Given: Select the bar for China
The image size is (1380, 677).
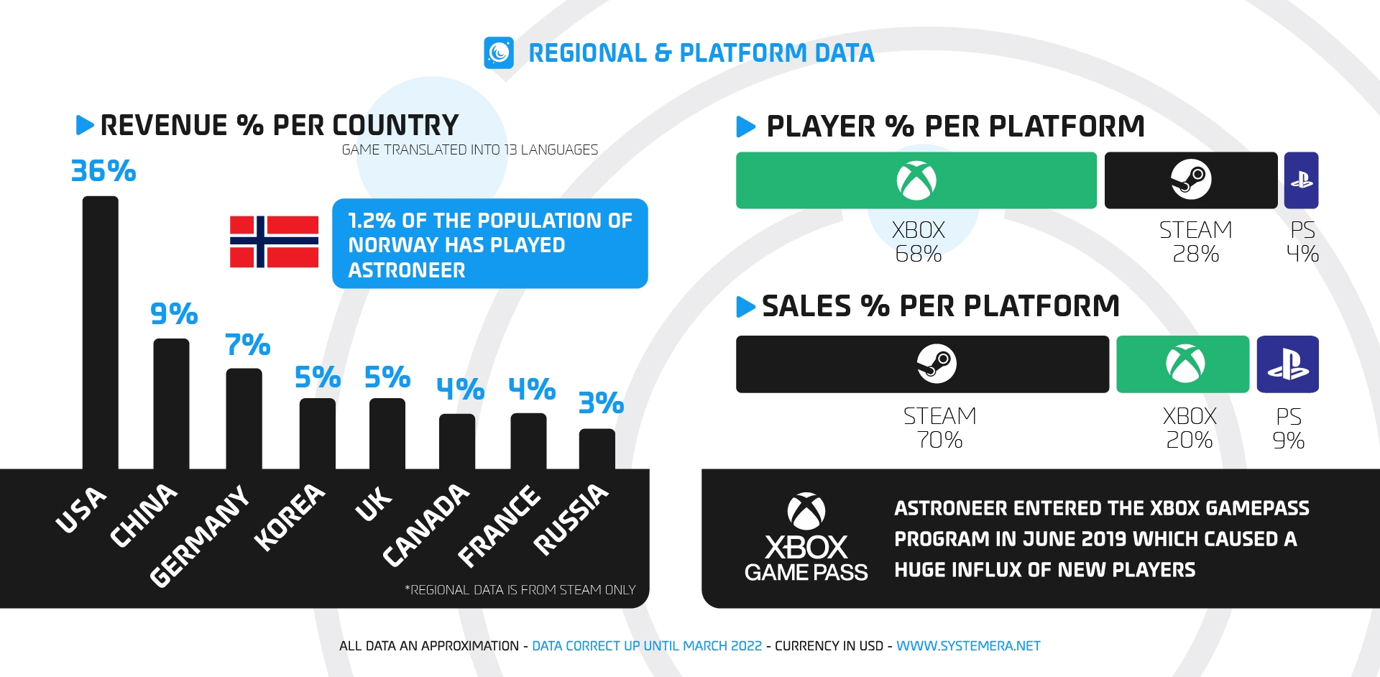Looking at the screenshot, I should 171,403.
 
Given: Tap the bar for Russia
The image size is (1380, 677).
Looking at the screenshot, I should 597,448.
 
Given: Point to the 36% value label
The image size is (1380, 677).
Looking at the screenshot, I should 103,171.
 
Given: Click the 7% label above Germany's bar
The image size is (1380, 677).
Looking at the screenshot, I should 247,345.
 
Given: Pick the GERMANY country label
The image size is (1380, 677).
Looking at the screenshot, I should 199,535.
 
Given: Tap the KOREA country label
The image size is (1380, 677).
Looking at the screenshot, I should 289,517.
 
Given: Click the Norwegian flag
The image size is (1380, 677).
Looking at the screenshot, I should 274,241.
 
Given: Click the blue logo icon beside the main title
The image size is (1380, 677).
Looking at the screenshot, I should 499,52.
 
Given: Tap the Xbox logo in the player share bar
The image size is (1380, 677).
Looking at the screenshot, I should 916,180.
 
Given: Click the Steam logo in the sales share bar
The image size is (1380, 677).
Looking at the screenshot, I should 937,364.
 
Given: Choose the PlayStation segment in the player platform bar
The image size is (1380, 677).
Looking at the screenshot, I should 1301,180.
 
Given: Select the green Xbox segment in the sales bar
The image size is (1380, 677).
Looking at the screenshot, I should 1182,364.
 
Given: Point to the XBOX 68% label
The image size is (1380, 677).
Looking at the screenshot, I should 918,241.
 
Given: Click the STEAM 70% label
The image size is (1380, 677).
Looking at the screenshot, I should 939,428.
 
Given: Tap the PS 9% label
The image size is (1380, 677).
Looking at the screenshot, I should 1288,428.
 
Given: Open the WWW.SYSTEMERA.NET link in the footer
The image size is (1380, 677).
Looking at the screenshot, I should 967,646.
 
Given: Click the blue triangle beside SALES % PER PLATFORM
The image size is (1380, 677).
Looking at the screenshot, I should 745,307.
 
